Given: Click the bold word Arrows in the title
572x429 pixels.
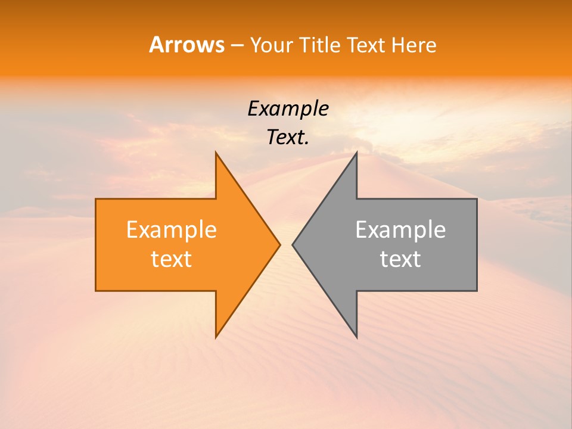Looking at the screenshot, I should [186, 45].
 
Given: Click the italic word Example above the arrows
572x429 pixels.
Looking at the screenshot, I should [288, 109].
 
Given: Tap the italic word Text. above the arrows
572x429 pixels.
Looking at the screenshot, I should [288, 138].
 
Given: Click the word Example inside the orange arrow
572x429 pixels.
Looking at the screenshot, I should [172, 230].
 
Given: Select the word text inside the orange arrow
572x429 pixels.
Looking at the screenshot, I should [172, 259].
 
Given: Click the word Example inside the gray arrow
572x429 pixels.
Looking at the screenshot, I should [400, 230].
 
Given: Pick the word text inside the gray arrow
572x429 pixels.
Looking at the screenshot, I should [400, 259].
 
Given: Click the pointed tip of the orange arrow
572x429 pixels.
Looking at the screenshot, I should [279, 244].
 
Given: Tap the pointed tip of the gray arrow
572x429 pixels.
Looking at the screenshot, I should [293, 244].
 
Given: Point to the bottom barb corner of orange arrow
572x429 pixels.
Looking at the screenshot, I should [216, 337].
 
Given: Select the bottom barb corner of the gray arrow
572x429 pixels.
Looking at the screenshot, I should [356, 337].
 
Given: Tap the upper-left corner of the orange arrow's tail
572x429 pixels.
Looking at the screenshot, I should [96, 199].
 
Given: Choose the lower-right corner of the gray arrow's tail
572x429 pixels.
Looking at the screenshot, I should [477, 290].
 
